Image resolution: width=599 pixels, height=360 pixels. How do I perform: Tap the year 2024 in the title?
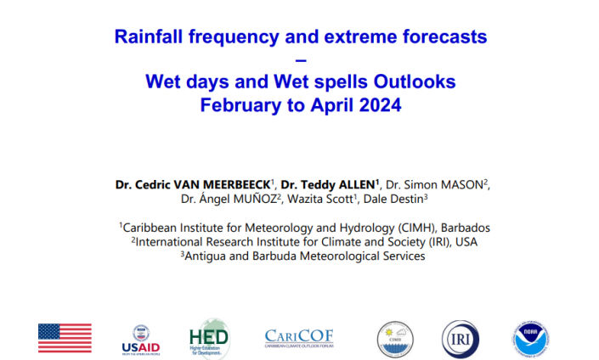[380, 104]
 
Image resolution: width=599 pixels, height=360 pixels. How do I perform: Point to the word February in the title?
[240, 105]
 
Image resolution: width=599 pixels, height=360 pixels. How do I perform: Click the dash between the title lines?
[301, 60]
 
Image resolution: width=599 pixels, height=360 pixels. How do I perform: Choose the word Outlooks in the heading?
[415, 82]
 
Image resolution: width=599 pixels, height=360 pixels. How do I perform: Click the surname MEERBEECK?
[236, 185]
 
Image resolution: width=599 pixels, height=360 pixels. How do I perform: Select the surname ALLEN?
[354, 185]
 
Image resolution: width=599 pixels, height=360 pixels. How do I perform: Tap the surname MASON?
[462, 185]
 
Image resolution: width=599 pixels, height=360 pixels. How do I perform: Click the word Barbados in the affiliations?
[466, 228]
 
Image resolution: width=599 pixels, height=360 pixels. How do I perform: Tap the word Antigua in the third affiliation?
[205, 256]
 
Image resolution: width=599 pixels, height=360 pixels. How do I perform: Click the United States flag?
[65, 338]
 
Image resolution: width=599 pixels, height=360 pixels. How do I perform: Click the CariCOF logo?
[299, 338]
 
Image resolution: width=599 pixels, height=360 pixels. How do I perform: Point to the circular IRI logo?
[461, 339]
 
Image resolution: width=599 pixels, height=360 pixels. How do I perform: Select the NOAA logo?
[531, 340]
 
